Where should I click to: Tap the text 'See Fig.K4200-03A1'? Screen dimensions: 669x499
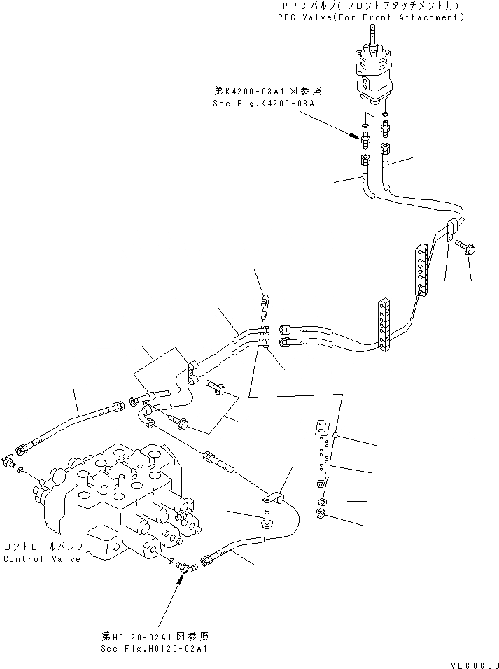pyautogui.click(x=266, y=104)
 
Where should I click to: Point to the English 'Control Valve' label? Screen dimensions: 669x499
pyautogui.click(x=43, y=558)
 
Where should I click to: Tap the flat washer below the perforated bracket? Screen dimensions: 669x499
pyautogui.click(x=322, y=502)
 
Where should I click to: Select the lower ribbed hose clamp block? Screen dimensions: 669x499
pyautogui.click(x=382, y=324)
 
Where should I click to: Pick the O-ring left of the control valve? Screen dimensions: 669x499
pyautogui.click(x=20, y=469)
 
